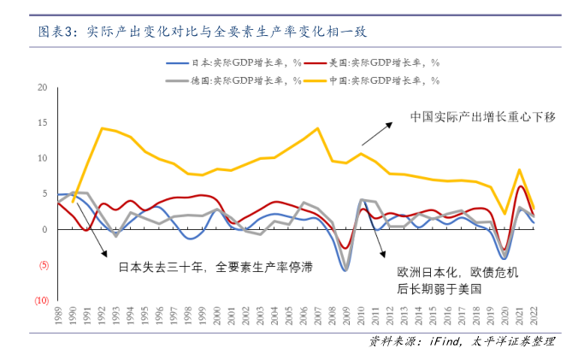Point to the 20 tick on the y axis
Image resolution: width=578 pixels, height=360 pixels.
pyautogui.click(x=42, y=87)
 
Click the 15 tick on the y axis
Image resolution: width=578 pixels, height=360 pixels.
pyautogui.click(x=42, y=123)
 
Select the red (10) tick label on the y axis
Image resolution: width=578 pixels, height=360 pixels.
pyautogui.click(x=40, y=301)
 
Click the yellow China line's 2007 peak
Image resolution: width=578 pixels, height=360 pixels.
pyautogui.click(x=317, y=128)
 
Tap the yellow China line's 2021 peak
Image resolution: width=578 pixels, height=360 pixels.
pyautogui.click(x=519, y=169)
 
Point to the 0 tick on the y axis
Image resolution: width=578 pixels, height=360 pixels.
pyautogui.click(x=44, y=229)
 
